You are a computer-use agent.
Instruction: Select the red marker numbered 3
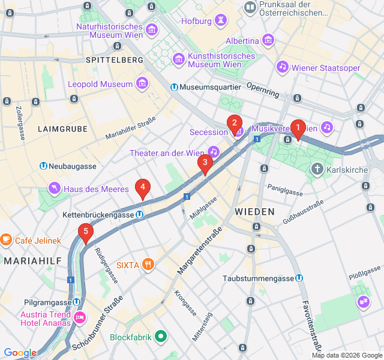tap(205, 162)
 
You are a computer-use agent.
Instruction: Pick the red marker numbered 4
tap(142, 187)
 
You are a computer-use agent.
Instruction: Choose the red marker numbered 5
tap(86, 231)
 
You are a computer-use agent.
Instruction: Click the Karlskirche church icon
tap(317, 170)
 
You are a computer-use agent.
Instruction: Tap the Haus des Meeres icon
tap(55, 189)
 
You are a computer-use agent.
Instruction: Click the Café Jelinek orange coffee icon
tap(7, 240)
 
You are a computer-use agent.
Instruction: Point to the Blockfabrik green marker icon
tap(160, 337)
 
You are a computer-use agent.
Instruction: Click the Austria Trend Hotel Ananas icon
tap(79, 317)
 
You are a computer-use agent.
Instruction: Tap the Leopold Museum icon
tap(142, 82)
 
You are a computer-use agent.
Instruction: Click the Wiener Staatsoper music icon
tap(282, 67)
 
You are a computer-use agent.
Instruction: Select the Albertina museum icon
tap(268, 40)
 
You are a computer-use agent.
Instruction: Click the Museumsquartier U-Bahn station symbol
tap(174, 87)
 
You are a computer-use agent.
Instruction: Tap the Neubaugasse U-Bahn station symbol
tap(43, 166)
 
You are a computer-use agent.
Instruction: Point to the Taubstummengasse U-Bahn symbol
tap(299, 278)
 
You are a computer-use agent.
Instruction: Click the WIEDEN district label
tap(254, 212)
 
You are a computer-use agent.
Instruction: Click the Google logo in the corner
tap(20, 353)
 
